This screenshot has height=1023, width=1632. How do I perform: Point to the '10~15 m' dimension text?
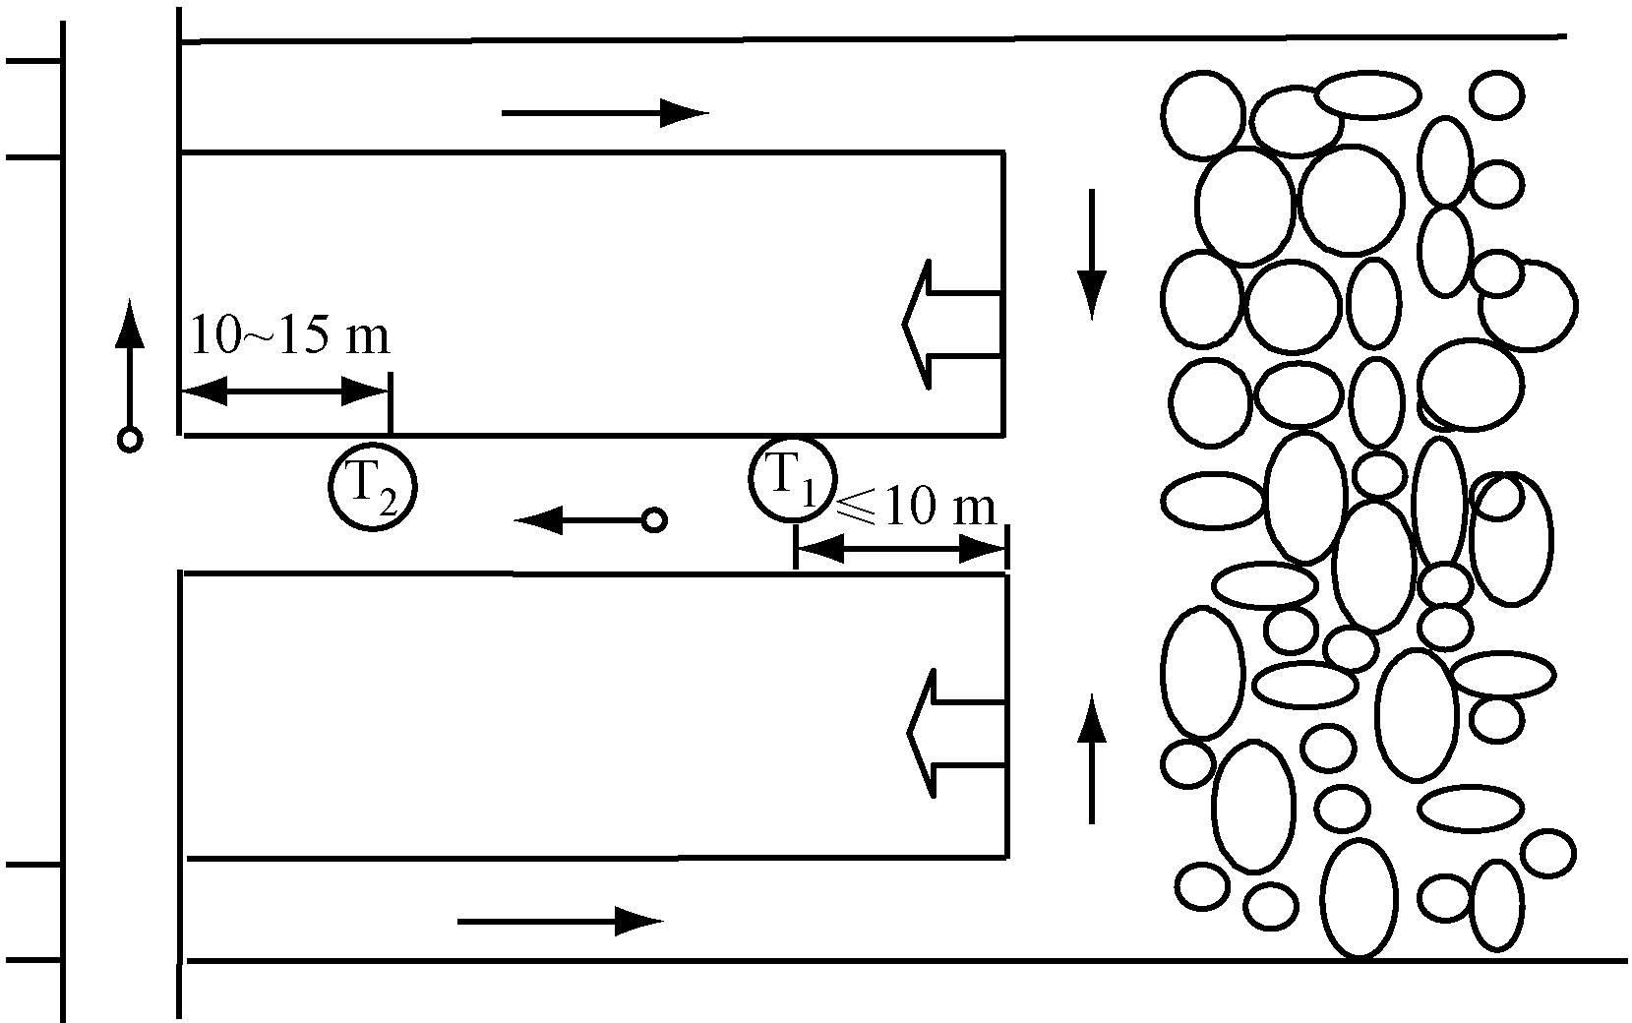click(x=290, y=335)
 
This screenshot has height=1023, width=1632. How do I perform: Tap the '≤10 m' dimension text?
click(x=917, y=507)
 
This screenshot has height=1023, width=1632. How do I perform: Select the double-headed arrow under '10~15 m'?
click(x=284, y=392)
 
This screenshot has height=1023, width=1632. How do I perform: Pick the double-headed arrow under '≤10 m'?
click(x=902, y=550)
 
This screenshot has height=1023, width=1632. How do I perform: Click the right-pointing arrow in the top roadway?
click(x=605, y=113)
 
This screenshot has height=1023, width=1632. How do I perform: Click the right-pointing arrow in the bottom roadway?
click(x=561, y=921)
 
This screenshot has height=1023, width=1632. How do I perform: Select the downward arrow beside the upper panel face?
click(x=1091, y=255)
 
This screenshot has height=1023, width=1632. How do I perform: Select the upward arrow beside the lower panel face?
click(x=1091, y=758)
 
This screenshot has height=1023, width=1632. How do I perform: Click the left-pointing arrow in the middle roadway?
click(x=579, y=520)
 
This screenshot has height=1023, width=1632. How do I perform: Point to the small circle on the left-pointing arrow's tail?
click(x=654, y=520)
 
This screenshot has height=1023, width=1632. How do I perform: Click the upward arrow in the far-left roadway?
click(x=130, y=363)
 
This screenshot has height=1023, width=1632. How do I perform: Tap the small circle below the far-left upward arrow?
click(x=130, y=440)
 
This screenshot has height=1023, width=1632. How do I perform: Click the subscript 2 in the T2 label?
click(x=387, y=503)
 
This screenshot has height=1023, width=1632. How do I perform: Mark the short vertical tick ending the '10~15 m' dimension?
click(x=391, y=403)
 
